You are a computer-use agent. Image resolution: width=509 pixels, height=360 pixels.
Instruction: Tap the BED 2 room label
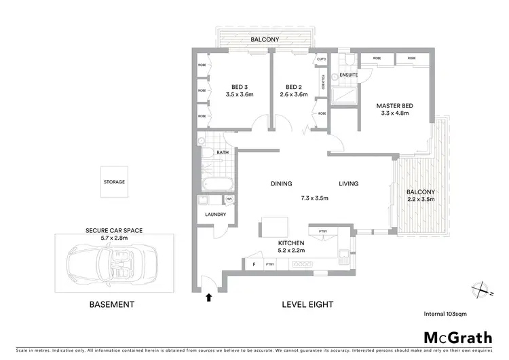click(x=293, y=87)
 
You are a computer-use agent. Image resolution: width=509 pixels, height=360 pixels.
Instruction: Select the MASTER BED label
click(x=395, y=106)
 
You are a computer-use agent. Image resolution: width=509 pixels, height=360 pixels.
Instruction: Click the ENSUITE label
click(x=349, y=73)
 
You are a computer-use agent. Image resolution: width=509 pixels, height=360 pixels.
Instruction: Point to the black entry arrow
click(x=209, y=296)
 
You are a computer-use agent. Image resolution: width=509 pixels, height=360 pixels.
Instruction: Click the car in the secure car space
click(x=109, y=264)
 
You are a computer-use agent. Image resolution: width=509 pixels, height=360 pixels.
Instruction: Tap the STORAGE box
click(x=115, y=182)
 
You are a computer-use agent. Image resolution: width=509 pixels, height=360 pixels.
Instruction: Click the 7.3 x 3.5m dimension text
click(x=315, y=198)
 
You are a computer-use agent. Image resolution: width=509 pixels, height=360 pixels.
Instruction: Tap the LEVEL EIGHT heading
click(x=307, y=305)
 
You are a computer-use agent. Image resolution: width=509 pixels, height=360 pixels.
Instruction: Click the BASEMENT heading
click(x=112, y=305)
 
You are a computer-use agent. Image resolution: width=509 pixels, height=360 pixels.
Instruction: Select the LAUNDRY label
click(x=215, y=215)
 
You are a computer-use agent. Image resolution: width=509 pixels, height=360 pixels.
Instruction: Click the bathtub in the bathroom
click(x=218, y=182)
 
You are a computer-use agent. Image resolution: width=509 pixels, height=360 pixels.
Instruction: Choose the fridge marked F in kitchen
click(x=254, y=264)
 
